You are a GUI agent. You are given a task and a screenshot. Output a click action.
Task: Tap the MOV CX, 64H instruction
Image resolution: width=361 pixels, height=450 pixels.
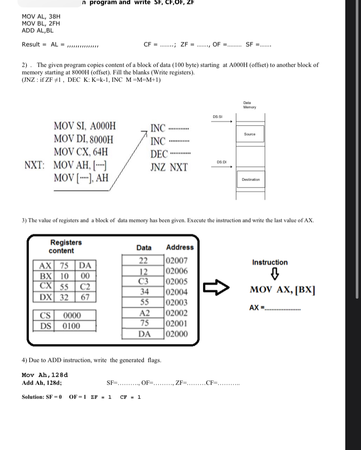point(81,152)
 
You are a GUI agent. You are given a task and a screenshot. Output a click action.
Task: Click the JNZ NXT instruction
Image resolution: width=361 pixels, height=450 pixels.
point(169,167)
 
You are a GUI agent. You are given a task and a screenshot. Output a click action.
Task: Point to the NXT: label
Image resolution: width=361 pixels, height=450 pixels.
point(35,166)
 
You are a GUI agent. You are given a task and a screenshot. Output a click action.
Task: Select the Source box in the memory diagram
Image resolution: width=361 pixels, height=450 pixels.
point(250,134)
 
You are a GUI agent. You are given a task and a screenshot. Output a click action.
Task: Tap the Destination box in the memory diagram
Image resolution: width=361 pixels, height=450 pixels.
point(250,180)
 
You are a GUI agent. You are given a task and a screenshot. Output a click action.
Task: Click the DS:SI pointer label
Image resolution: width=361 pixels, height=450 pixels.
point(218,117)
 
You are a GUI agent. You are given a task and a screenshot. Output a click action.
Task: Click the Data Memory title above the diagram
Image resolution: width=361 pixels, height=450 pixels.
point(250,105)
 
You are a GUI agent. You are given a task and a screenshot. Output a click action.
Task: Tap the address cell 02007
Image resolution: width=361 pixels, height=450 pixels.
point(177,261)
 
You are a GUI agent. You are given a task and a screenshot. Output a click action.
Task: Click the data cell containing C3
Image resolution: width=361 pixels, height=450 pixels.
point(144,281)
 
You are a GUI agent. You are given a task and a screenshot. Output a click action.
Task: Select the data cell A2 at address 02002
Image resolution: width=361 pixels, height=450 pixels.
point(144,313)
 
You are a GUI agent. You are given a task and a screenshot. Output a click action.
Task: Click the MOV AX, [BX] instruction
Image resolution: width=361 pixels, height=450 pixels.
point(283,290)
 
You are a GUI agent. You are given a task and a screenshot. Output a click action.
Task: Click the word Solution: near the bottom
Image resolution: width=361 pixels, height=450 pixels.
point(33,397)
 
